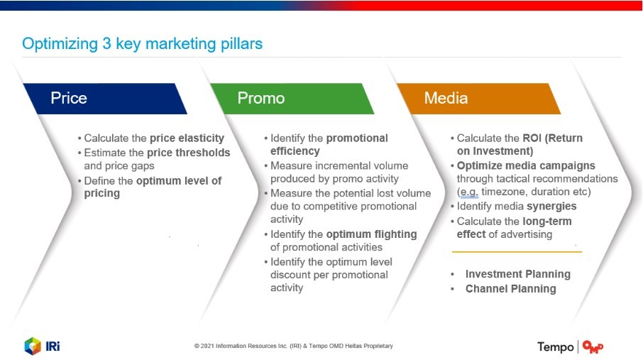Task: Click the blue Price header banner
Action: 105,99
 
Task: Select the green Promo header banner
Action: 292,99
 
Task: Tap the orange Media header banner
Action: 478,99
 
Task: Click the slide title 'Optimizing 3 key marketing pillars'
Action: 142,44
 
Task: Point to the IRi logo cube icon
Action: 33,346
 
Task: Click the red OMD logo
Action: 593,347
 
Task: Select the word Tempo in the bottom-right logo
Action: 555,347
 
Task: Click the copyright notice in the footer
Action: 294,346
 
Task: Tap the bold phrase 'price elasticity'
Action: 187,138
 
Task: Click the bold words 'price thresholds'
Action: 189,153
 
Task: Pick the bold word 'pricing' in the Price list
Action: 102,194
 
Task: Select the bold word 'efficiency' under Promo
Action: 295,151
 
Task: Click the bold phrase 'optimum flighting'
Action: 371,234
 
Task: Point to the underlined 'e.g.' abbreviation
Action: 469,192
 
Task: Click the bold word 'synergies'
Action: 551,206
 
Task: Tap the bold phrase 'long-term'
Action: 547,222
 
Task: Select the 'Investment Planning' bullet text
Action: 518,274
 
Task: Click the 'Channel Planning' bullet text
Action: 510,288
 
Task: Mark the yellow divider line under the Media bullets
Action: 517,251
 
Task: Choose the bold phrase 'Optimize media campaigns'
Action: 526,165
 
